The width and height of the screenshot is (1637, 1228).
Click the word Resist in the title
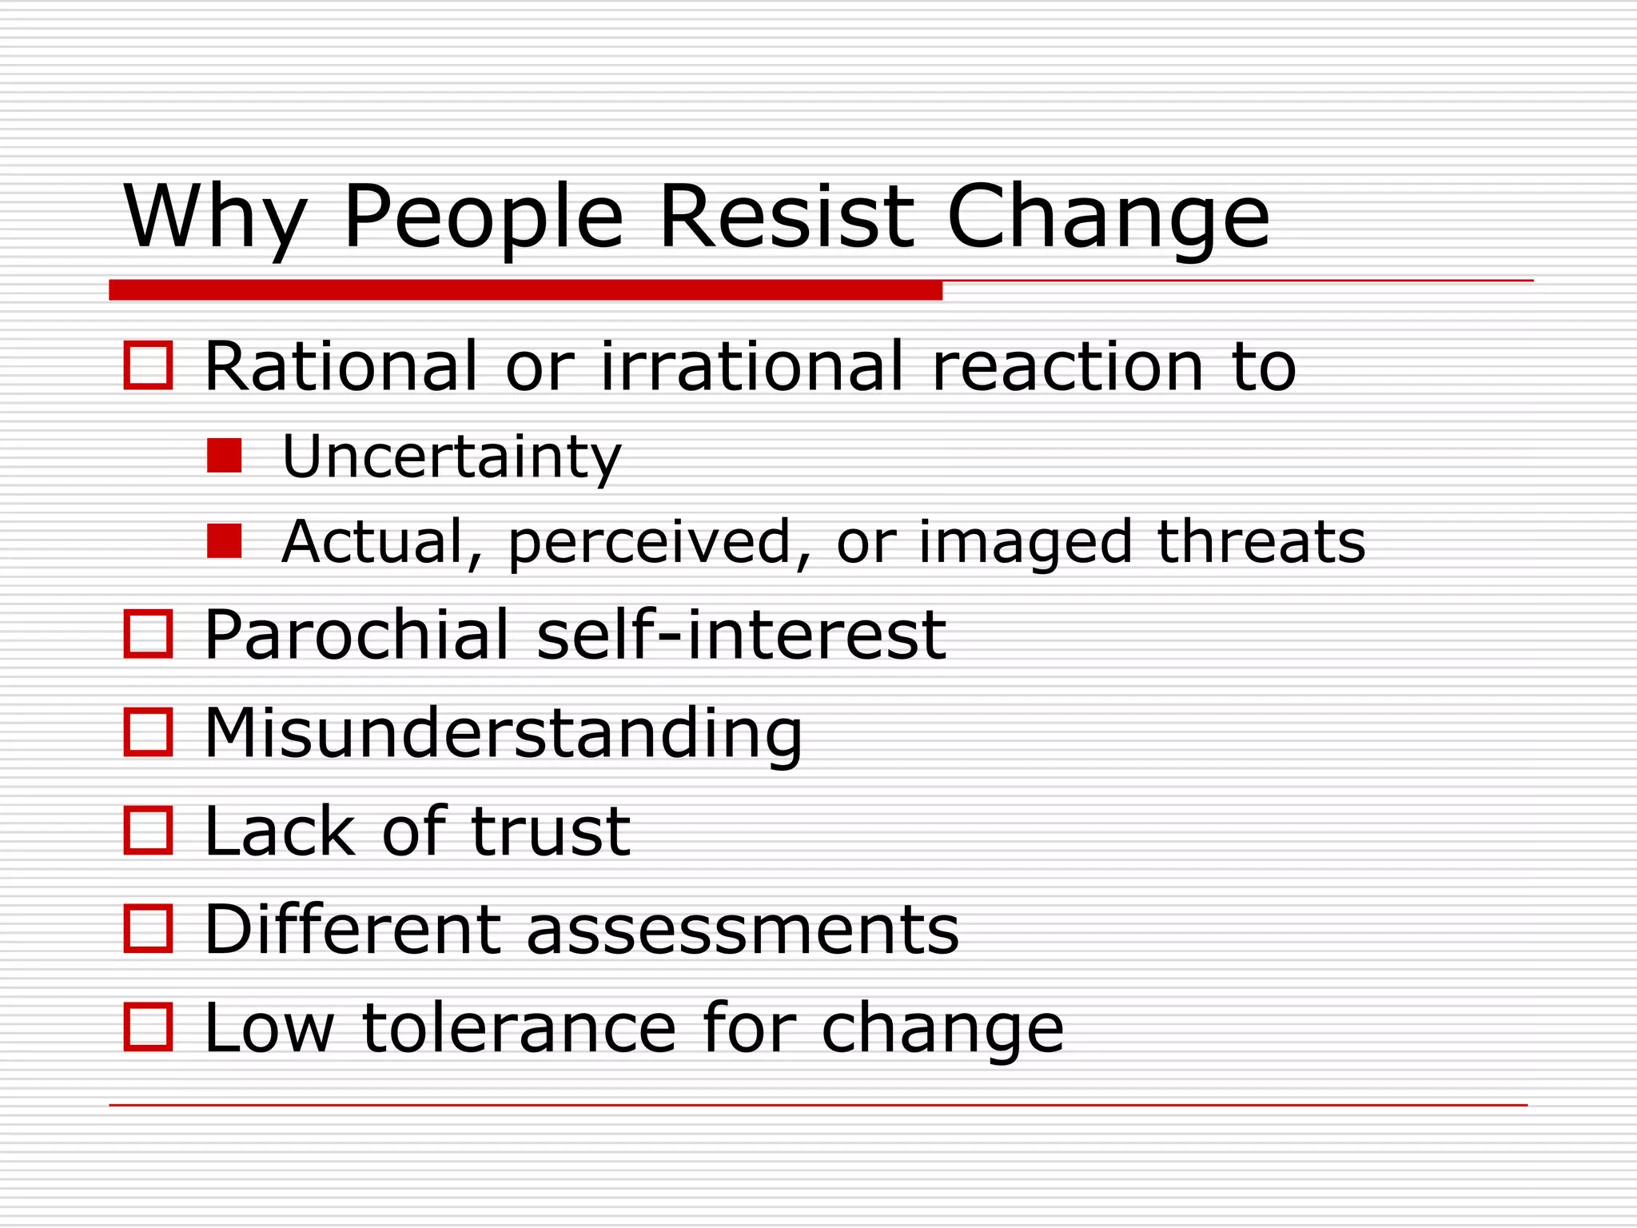(786, 216)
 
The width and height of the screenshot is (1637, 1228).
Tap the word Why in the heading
(214, 216)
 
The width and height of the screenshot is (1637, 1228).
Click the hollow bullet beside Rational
(149, 365)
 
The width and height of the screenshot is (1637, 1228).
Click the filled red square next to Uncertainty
(224, 456)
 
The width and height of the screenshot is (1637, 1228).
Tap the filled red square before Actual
(224, 541)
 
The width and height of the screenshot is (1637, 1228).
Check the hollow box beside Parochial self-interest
(149, 634)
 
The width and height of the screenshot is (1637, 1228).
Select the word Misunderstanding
(503, 733)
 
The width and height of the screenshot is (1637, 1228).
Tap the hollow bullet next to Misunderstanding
(149, 732)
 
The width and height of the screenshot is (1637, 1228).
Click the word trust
(551, 831)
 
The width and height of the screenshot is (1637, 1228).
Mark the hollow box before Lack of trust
(149, 831)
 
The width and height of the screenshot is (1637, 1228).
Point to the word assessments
(742, 930)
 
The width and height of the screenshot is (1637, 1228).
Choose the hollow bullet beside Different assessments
(149, 929)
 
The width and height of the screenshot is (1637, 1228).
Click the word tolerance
(520, 1028)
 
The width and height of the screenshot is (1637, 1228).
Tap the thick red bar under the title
(525, 289)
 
